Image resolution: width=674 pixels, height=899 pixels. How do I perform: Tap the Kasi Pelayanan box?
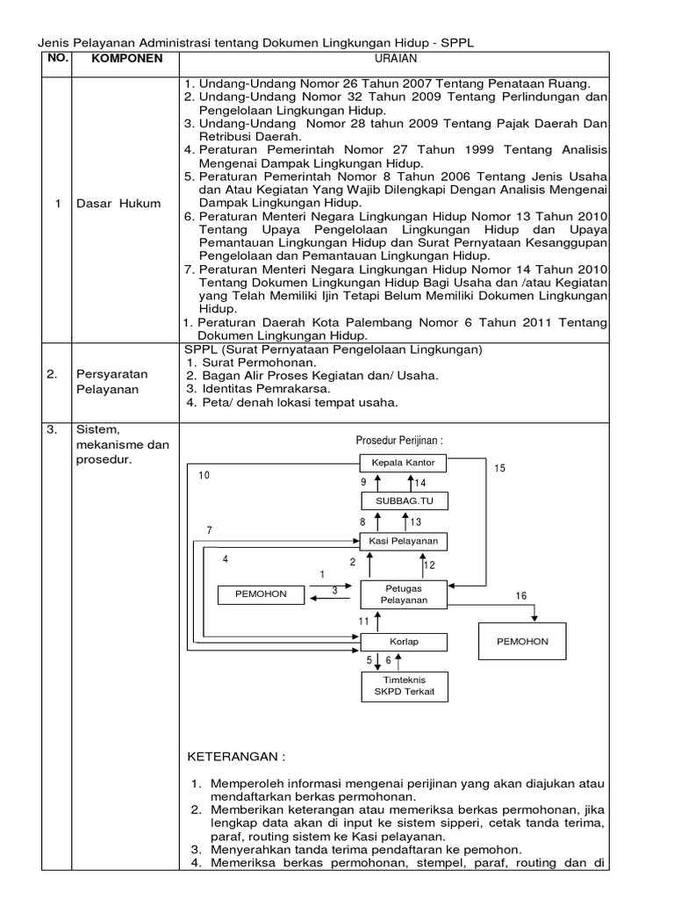403,540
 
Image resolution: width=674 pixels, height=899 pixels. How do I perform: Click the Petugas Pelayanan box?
403,593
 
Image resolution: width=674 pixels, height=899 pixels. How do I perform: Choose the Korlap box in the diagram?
403,642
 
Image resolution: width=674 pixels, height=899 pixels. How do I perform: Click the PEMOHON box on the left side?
261,594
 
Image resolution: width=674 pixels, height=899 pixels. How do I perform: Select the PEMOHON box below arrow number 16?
522,642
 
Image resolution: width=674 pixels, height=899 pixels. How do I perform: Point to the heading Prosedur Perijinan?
397,440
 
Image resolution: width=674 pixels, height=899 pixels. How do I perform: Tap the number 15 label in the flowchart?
499,469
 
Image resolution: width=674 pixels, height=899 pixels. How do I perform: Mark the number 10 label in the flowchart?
204,475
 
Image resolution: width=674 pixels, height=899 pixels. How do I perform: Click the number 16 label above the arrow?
520,596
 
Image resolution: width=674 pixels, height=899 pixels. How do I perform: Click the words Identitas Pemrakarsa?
266,389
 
